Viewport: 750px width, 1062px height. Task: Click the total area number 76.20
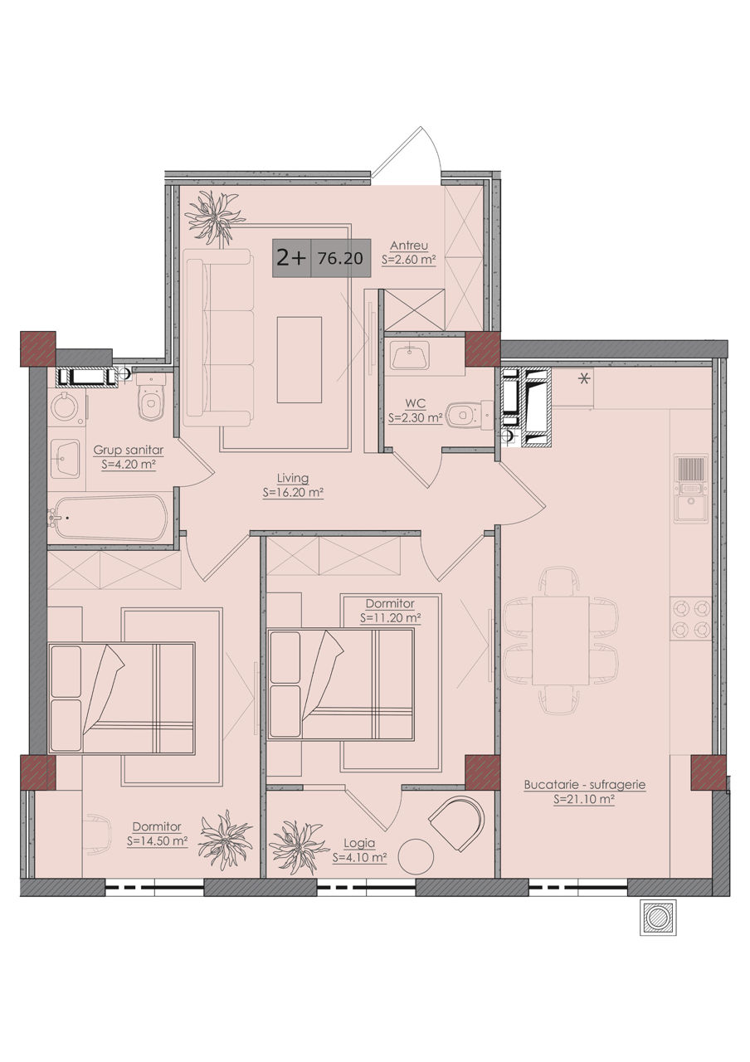(x=340, y=258)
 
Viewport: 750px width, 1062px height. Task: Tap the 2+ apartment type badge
(x=291, y=258)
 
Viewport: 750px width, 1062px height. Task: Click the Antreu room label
(x=409, y=246)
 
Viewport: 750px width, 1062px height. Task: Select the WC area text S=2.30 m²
(x=416, y=418)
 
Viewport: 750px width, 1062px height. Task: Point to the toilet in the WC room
(x=470, y=416)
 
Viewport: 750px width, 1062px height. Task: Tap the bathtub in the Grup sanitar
(x=108, y=518)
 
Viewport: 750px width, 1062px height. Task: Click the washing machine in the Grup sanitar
(x=66, y=406)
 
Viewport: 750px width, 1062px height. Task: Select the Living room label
(x=293, y=478)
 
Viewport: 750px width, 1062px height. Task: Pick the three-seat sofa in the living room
(x=217, y=337)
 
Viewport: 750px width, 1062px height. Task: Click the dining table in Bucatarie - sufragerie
(x=561, y=641)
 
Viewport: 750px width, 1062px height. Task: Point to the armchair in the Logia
(x=457, y=825)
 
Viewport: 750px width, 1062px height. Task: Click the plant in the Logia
(x=300, y=848)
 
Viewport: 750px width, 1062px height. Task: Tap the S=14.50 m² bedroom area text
(x=158, y=841)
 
